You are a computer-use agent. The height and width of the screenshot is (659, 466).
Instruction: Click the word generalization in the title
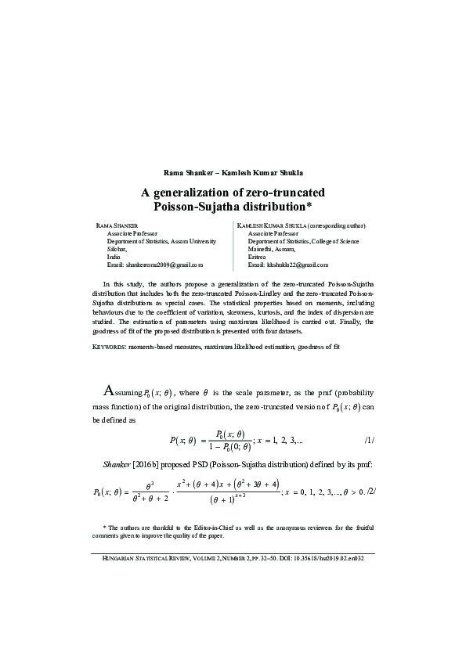[x=198, y=192]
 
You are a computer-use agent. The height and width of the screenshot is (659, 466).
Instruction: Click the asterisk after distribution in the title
[x=309, y=207]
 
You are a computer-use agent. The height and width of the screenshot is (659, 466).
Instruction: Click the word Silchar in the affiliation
[x=117, y=249]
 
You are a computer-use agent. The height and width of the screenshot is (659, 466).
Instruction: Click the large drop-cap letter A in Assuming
[x=112, y=391]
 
